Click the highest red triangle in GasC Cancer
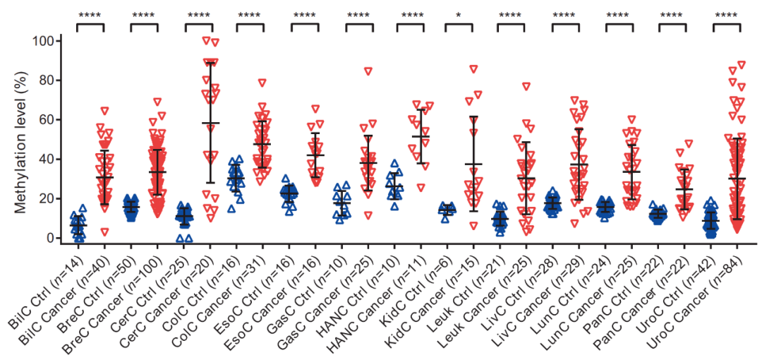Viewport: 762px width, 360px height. (x=368, y=71)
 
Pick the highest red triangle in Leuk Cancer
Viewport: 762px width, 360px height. (x=526, y=86)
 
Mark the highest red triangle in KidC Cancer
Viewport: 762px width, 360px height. (x=473, y=69)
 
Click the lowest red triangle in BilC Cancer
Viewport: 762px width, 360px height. (x=104, y=232)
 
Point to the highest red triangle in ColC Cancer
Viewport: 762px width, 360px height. (x=262, y=83)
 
